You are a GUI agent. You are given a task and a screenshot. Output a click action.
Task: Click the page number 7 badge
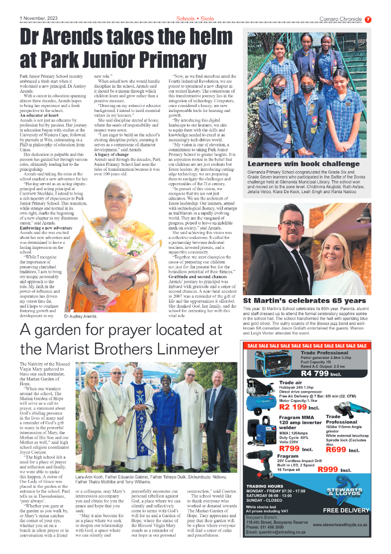click(x=368, y=19)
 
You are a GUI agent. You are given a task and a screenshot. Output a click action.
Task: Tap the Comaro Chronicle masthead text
click(x=341, y=19)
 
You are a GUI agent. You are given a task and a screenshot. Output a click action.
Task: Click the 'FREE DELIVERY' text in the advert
click(x=346, y=510)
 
